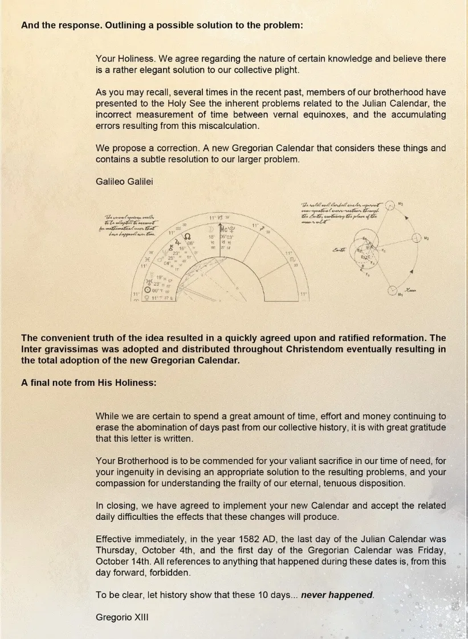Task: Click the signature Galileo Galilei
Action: pyautogui.click(x=124, y=181)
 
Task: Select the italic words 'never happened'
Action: pyautogui.click(x=337, y=595)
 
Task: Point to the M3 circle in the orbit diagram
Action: pyautogui.click(x=390, y=205)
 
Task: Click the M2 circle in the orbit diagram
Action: pyautogui.click(x=416, y=237)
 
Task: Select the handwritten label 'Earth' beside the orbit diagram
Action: pyautogui.click(x=339, y=250)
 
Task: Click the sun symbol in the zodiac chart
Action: pyautogui.click(x=148, y=290)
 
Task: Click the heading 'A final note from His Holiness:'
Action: pyautogui.click(x=88, y=382)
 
